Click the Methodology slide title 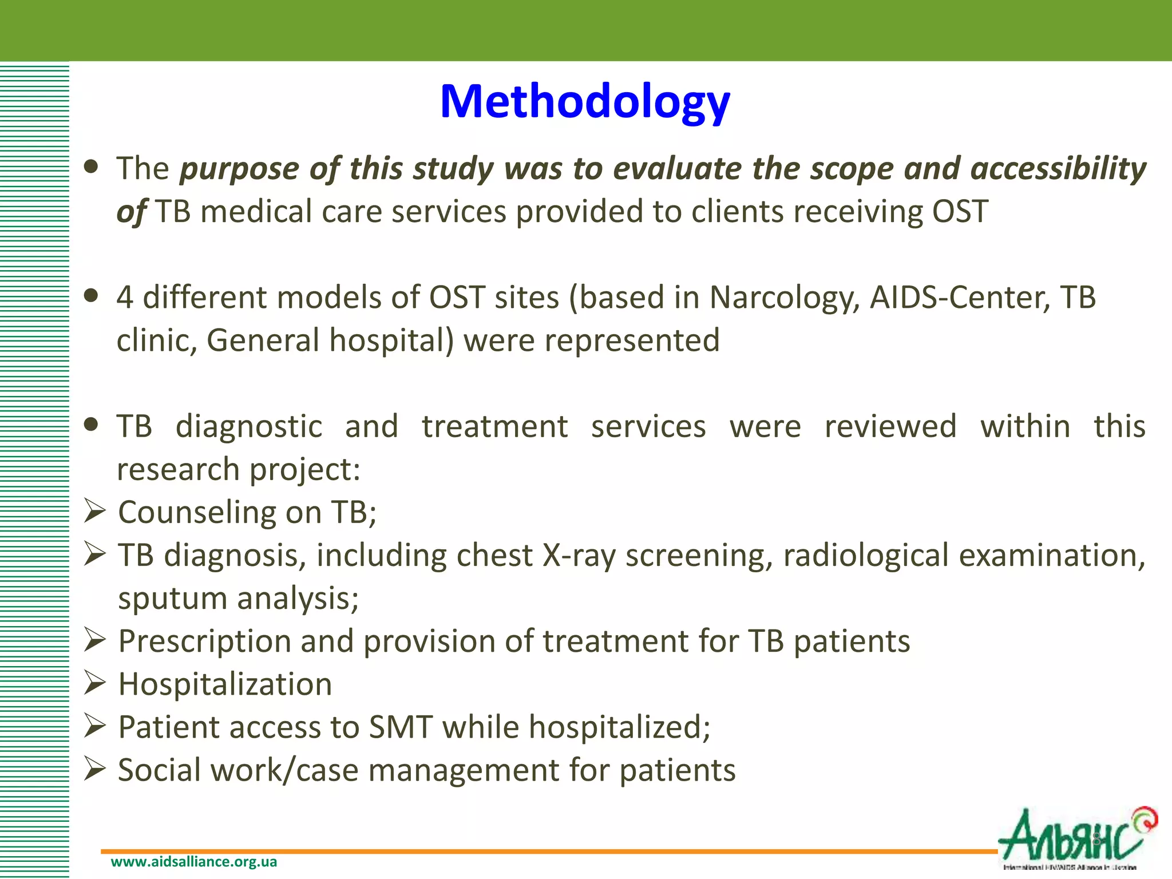pyautogui.click(x=585, y=101)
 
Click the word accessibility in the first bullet pyautogui.click(x=1058, y=169)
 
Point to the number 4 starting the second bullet pyautogui.click(x=125, y=298)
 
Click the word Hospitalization pyautogui.click(x=225, y=684)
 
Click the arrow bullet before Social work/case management pyautogui.click(x=94, y=769)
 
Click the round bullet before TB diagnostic pyautogui.click(x=90, y=425)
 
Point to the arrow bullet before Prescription pyautogui.click(x=94, y=640)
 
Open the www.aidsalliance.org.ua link pyautogui.click(x=193, y=862)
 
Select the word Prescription pyautogui.click(x=204, y=642)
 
